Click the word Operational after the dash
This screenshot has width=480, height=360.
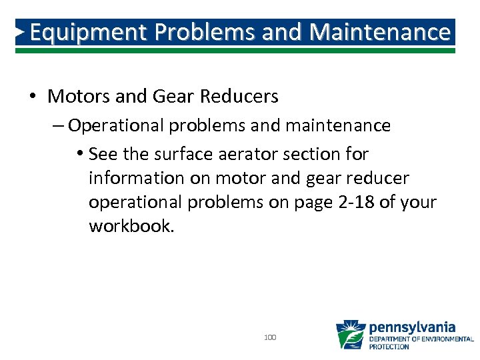(x=108, y=125)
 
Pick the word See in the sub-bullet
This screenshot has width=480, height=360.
(x=104, y=154)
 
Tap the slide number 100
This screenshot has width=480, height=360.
(x=270, y=338)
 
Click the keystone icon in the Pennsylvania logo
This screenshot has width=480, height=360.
(x=350, y=335)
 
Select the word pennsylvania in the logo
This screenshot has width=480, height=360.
(x=412, y=327)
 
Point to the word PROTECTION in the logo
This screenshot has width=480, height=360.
(x=389, y=347)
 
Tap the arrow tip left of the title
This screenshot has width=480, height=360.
(x=21, y=32)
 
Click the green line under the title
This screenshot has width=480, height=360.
(x=240, y=50)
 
